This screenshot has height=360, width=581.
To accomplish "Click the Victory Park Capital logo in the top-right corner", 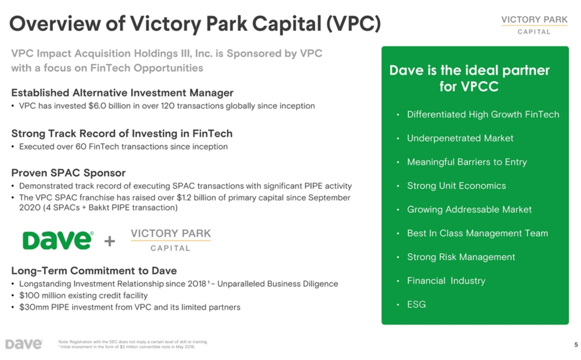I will pyautogui.click(x=534, y=25).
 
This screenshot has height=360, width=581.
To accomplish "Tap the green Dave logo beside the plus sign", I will pyautogui.click(x=58, y=240).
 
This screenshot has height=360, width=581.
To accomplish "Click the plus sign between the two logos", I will pyautogui.click(x=110, y=241).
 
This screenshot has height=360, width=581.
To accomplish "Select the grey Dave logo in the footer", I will pyautogui.click(x=24, y=344).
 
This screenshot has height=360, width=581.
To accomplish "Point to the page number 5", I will pyautogui.click(x=576, y=345).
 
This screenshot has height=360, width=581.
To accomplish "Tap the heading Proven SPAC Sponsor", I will pyautogui.click(x=68, y=173).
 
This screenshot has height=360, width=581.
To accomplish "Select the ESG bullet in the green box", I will pyautogui.click(x=416, y=304).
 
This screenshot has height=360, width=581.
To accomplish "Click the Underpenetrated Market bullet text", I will pyautogui.click(x=460, y=138).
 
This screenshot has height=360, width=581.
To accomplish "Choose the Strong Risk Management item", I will pyautogui.click(x=461, y=257).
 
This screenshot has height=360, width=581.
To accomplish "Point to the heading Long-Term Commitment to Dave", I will pyautogui.click(x=94, y=271).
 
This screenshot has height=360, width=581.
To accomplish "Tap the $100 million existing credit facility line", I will pyautogui.click(x=83, y=295).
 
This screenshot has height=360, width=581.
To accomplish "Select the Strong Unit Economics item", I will pyautogui.click(x=456, y=186).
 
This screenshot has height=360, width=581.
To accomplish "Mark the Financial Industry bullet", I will pyautogui.click(x=446, y=281).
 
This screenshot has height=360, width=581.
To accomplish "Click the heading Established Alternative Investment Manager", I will pyautogui.click(x=122, y=93).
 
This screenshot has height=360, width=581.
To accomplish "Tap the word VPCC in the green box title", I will pyautogui.click(x=479, y=87).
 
